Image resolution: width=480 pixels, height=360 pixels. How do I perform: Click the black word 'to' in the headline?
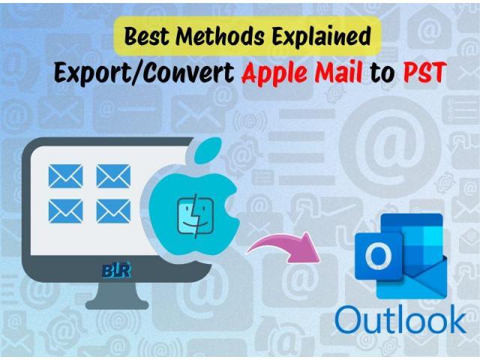pos(382,73)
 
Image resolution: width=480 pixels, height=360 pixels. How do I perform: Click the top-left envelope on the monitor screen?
pos(65,176)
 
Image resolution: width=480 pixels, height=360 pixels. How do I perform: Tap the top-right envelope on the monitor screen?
pos(113,176)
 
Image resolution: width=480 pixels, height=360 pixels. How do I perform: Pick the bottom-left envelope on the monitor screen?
pos(65,211)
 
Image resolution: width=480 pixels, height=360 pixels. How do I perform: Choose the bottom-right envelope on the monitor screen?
pos(113,211)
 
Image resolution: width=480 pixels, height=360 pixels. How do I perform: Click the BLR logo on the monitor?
pos(117,270)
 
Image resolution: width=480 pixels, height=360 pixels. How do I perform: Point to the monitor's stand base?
pos(117,304)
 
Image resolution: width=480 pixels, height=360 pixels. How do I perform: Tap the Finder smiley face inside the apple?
pos(196,217)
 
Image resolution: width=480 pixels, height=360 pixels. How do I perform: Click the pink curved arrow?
pos(283,247)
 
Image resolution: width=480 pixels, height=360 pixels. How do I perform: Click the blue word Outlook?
pos(400,319)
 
